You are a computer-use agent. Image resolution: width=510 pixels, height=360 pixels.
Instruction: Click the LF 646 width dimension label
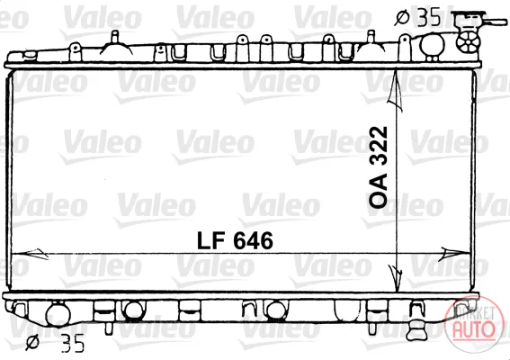pyautogui.click(x=235, y=241)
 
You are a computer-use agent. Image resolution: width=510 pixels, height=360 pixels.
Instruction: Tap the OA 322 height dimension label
pyautogui.click(x=379, y=167)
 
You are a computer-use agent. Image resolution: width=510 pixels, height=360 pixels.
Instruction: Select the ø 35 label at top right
pyautogui.click(x=417, y=17)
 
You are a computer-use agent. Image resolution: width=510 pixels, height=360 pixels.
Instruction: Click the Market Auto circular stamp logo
pyautogui.click(x=473, y=324)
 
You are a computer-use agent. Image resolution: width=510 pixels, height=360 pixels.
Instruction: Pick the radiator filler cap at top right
pyautogui.click(x=468, y=21)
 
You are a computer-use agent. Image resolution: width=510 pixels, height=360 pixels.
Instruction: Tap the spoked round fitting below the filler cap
pyautogui.click(x=468, y=41)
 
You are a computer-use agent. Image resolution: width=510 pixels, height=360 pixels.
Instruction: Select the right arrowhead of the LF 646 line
pyautogui.click(x=453, y=254)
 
